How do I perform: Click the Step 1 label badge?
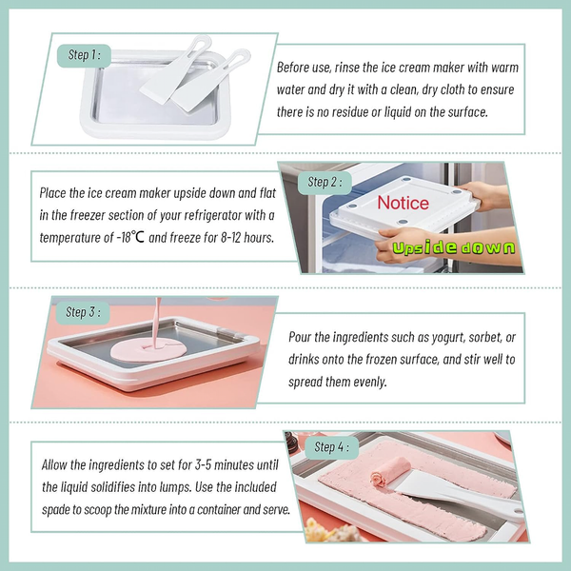84,56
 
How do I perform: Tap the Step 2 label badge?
325,183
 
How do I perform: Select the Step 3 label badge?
83,313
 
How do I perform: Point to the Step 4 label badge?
331,447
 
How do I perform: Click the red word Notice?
404,203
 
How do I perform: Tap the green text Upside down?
454,247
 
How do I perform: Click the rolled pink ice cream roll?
390,473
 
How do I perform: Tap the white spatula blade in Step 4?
431,486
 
